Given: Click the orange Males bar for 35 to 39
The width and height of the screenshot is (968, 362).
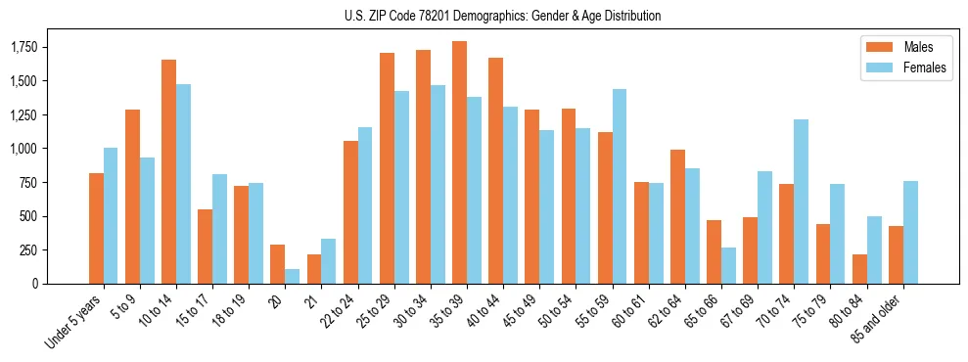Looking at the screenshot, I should pos(459,162).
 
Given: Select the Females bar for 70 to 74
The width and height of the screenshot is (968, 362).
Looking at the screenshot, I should pos(801,202).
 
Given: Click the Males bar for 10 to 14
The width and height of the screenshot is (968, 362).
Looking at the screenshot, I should pos(168,171).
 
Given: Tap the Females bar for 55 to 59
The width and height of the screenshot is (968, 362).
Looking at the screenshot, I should pos(619,186).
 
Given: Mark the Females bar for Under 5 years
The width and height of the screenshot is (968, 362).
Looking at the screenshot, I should pos(111,215).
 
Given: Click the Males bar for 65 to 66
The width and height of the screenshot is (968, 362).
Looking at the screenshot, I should pos(714,251).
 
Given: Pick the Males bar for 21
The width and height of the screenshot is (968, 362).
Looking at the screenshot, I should pos(313,269).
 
